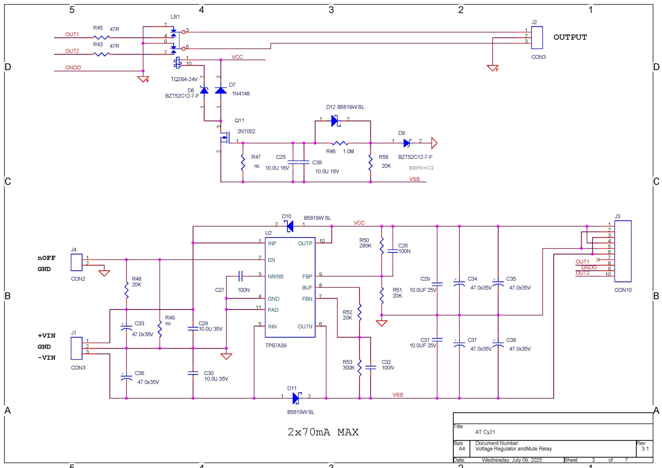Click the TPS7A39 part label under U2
tap(276, 345)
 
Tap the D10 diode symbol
tap(290, 226)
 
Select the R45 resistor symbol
tap(101, 37)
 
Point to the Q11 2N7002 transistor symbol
tap(225, 138)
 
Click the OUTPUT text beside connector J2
tap(570, 37)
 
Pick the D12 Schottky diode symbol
tap(335, 121)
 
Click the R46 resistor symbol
tap(340, 143)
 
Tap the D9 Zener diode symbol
tap(407, 143)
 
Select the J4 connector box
tap(76, 262)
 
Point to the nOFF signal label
tap(46, 258)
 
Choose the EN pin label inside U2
tap(271, 260)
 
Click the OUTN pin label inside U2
tap(305, 326)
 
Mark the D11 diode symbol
tap(297, 398)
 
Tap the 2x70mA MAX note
tap(323, 432)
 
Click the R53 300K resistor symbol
tap(359, 367)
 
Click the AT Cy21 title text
tap(485, 432)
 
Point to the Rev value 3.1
tap(645, 449)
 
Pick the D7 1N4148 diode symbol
tap(221, 90)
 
